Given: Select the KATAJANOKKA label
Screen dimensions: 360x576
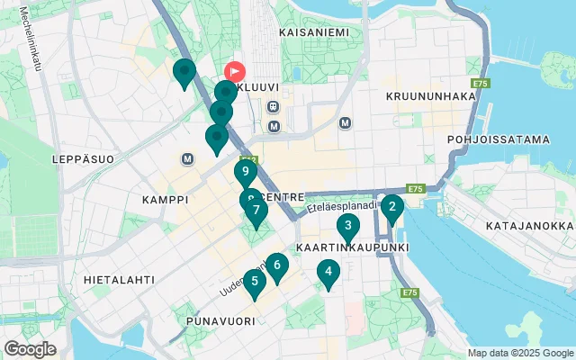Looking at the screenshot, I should [529, 226].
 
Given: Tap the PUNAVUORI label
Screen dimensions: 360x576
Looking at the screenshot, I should [217, 320].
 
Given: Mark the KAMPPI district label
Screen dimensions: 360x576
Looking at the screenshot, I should [165, 199].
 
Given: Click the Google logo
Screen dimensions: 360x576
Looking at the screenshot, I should [30, 349].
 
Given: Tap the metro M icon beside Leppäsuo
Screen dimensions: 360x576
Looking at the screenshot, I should [188, 159].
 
